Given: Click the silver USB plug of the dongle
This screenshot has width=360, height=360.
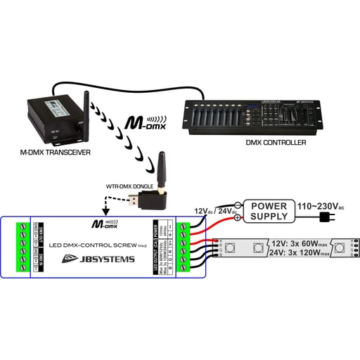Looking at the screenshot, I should pyautogui.click(x=134, y=203).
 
